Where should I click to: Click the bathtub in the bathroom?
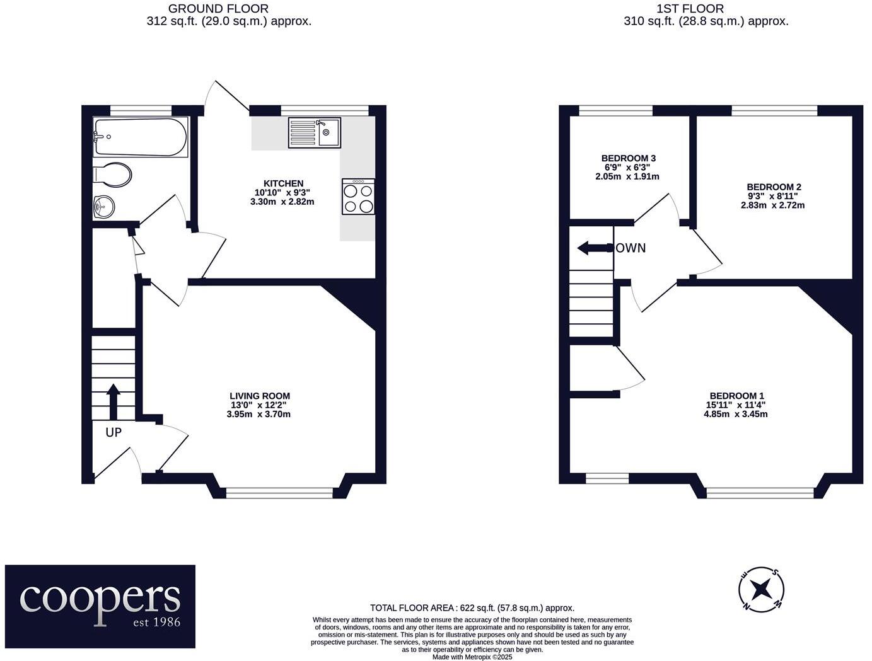point(140,137)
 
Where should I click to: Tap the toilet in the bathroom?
point(112,175)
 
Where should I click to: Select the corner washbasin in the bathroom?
point(104,206)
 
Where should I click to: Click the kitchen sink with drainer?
point(314,133)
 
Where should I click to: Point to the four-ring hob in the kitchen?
point(359,197)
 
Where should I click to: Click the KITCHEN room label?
point(283,183)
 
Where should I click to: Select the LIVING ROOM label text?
point(260,396)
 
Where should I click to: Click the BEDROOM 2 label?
point(774,187)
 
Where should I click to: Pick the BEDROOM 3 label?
point(628,158)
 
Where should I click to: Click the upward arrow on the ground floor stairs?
point(113,402)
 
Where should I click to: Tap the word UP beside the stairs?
point(113,433)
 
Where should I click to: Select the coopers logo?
point(100,606)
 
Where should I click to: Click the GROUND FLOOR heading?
point(218,9)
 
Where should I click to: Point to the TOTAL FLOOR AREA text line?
point(472,608)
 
